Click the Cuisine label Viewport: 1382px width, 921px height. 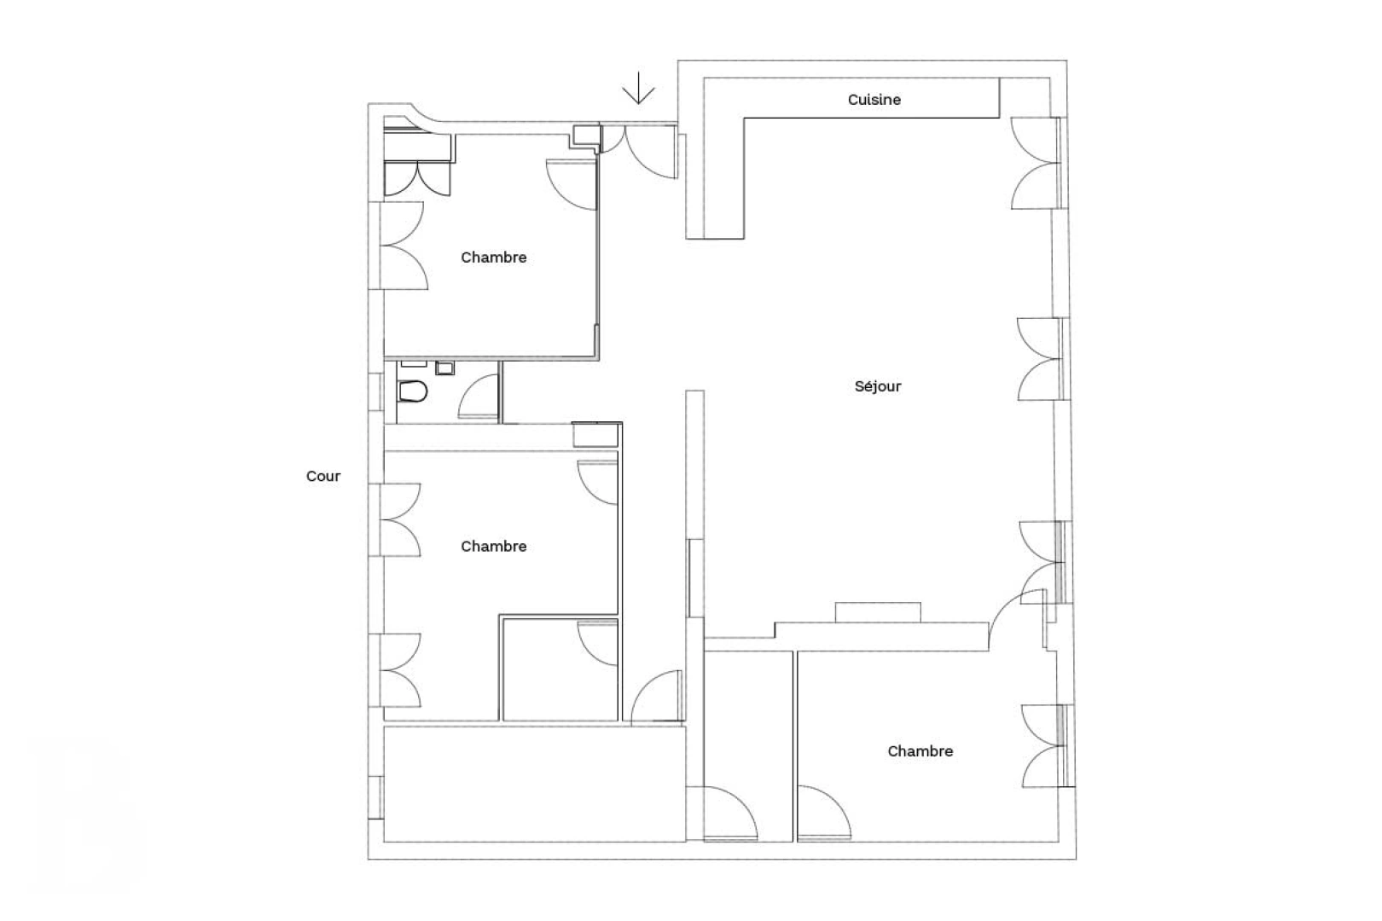tap(874, 100)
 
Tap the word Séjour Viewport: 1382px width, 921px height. tap(878, 386)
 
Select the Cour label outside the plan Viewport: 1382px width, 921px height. tap(323, 477)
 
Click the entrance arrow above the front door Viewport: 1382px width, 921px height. tap(638, 89)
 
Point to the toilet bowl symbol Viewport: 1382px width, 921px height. tap(413, 391)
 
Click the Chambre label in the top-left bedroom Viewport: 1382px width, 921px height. tap(493, 258)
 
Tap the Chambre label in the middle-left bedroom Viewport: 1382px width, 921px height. tap(493, 547)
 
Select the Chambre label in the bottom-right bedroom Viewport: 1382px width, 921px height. tap(920, 751)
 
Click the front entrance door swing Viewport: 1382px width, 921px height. tap(648, 153)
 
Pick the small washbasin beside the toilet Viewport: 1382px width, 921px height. tap(444, 368)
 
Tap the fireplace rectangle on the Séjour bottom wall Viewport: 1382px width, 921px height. tap(878, 612)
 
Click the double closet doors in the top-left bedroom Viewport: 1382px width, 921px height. tap(416, 178)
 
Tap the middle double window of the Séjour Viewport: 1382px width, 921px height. tap(1039, 359)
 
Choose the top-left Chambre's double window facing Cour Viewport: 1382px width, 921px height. tap(401, 246)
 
